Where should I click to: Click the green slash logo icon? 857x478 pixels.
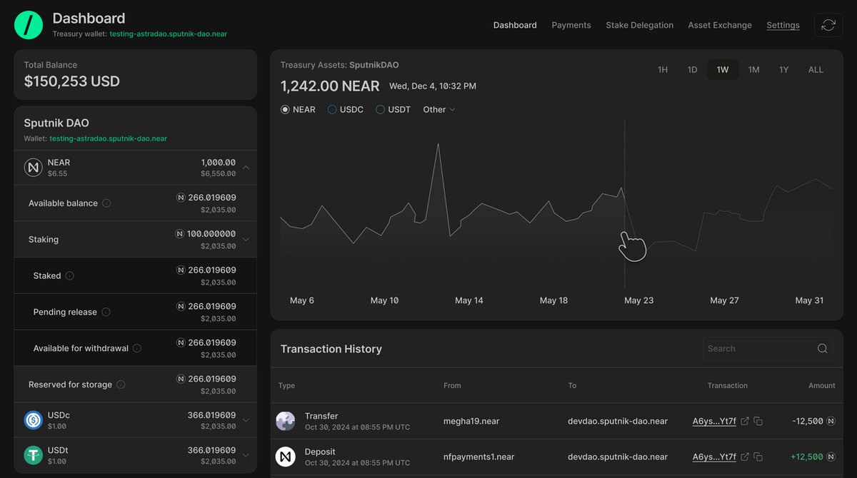(29, 25)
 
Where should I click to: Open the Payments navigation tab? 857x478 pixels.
(571, 25)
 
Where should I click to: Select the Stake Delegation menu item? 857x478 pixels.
(639, 25)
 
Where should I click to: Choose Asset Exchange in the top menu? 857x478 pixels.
(720, 25)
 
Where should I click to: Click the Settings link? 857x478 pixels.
(783, 25)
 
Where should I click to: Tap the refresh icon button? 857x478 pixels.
(828, 25)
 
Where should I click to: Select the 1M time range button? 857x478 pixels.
(753, 69)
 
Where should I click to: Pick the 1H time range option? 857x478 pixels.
(663, 69)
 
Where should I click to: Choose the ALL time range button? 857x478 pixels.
(816, 69)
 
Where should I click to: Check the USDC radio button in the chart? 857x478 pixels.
(332, 110)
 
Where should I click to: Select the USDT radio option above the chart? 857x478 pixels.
(381, 110)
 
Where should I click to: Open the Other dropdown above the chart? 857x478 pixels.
(438, 110)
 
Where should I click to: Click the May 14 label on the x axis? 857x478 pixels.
(468, 300)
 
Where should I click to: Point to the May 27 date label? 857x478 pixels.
(724, 300)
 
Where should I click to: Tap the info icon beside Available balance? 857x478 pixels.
(106, 203)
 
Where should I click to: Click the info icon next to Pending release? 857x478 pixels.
(106, 312)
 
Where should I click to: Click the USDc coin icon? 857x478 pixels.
(33, 420)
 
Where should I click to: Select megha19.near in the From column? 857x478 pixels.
(471, 421)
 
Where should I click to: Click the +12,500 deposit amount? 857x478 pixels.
(806, 457)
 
